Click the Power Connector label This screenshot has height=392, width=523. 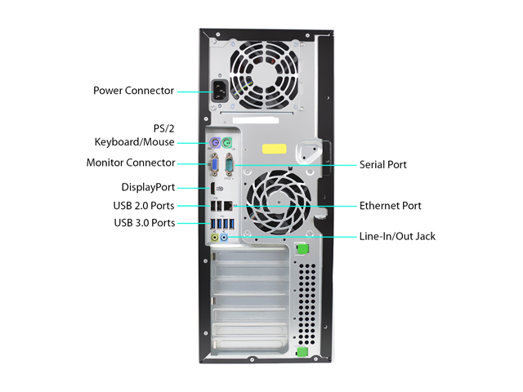(x=133, y=91)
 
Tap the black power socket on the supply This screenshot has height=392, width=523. (x=220, y=91)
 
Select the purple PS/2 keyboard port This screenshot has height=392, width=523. (x=214, y=143)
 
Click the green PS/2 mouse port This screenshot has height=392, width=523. (x=227, y=144)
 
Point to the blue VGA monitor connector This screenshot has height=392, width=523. (x=214, y=165)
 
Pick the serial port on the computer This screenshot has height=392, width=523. (x=229, y=165)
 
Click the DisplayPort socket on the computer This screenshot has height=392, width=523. (x=212, y=189)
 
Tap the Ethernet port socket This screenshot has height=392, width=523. (x=228, y=206)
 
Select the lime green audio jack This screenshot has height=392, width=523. (x=215, y=238)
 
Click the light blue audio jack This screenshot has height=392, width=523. (x=224, y=238)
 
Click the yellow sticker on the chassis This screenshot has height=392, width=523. (x=275, y=149)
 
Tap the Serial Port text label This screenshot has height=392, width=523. (x=383, y=165)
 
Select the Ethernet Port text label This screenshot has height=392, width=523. (x=391, y=206)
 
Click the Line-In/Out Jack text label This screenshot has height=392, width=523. (x=397, y=236)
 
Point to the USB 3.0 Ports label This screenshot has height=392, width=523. (x=145, y=223)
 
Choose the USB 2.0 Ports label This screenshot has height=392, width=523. (x=144, y=206)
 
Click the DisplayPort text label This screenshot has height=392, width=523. (x=148, y=187)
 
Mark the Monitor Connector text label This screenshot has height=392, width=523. (x=131, y=163)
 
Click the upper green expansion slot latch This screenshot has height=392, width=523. (x=302, y=249)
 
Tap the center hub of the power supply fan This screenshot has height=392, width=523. (x=264, y=74)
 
